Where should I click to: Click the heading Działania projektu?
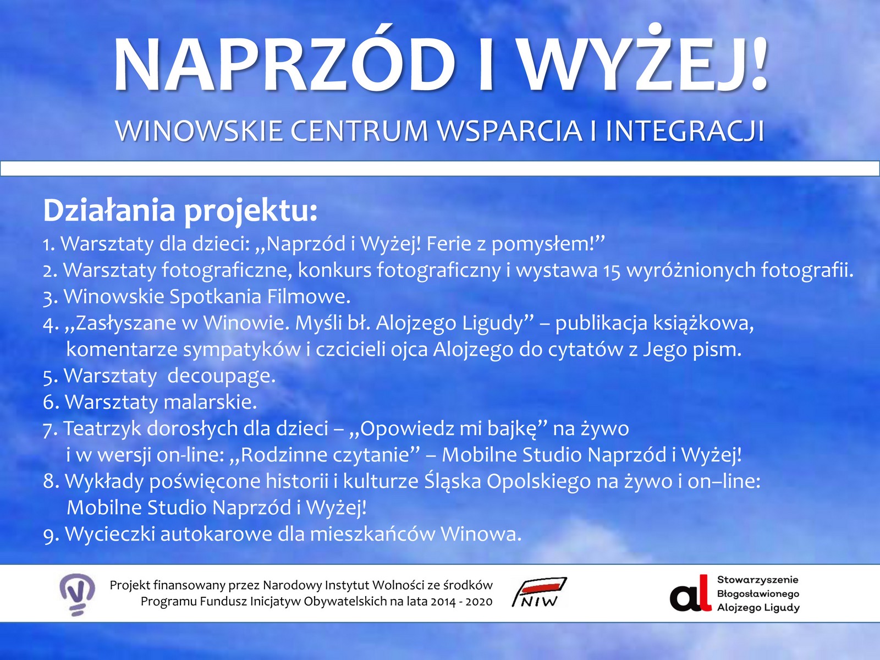[180, 210]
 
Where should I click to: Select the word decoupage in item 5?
[221, 376]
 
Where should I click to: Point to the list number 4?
[50, 323]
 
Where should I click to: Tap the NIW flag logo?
[539, 592]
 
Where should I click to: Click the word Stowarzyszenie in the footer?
[757, 580]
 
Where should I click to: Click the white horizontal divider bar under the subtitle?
[440, 168]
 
